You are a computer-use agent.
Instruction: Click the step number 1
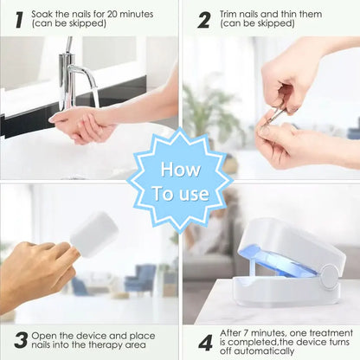[19, 18]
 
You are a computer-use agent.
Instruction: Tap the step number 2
[204, 18]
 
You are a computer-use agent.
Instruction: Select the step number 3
[20, 340]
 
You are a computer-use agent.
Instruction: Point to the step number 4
[204, 340]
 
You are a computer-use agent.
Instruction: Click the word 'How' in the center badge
[179, 167]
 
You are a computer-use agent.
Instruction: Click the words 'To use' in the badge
[179, 193]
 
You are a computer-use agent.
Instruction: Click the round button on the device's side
[328, 277]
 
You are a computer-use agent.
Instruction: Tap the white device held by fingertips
[93, 234]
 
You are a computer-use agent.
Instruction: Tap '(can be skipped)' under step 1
[65, 25]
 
